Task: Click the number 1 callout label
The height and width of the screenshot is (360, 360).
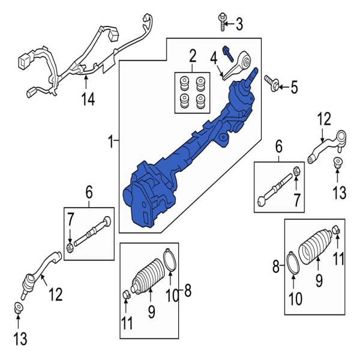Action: tap(110, 142)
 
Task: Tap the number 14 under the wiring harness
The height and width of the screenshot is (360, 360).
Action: tap(88, 100)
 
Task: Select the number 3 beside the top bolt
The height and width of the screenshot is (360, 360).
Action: tap(239, 25)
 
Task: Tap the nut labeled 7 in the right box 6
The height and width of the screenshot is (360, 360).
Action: tap(296, 175)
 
